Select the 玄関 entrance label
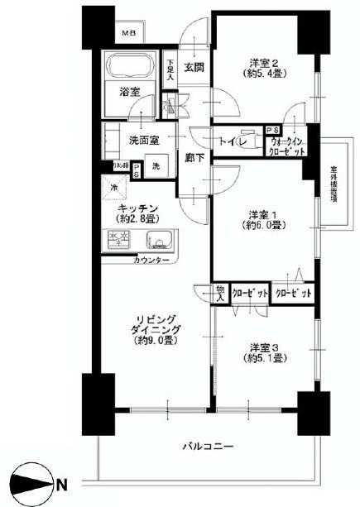point(194,68)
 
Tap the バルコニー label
point(204,447)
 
